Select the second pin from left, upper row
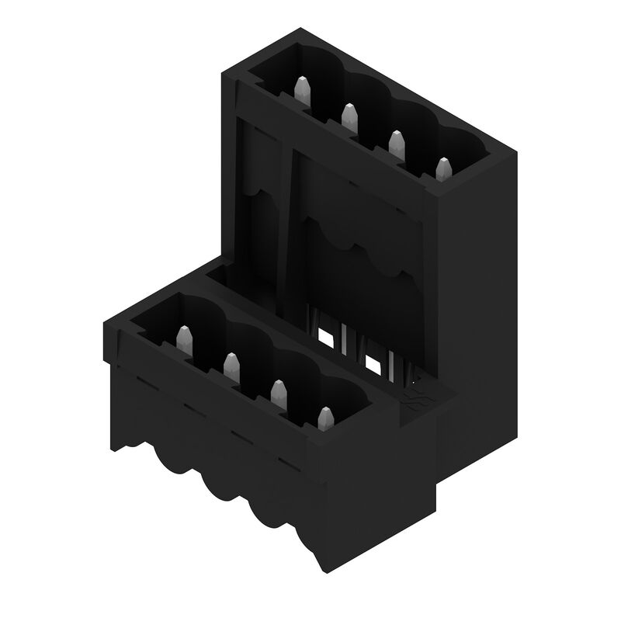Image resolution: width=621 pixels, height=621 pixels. click(349, 116)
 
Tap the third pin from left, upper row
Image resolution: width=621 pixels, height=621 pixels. click(396, 143)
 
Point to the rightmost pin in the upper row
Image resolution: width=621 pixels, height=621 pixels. click(442, 168)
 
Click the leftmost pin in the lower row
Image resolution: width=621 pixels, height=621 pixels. click(184, 338)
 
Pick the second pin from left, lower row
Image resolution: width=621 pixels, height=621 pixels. click(231, 365)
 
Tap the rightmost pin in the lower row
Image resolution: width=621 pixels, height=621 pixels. click(325, 418)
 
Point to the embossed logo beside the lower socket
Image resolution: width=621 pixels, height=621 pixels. click(415, 401)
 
